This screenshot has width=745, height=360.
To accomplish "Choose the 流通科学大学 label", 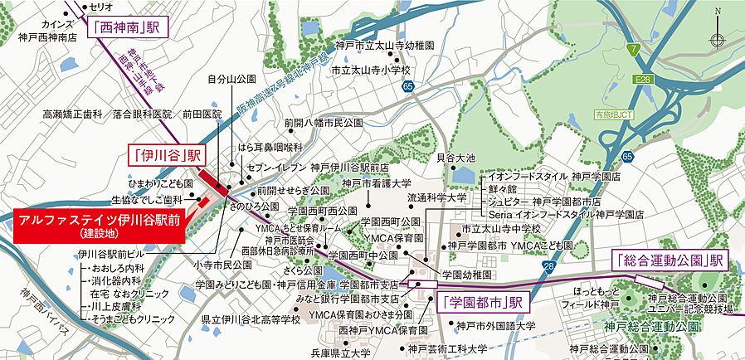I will click(436, 198).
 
